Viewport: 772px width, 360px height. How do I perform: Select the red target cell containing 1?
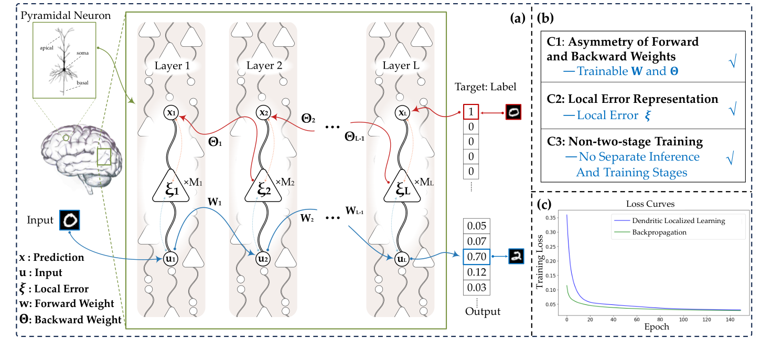[470, 112]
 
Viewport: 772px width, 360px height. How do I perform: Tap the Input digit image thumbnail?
[70, 220]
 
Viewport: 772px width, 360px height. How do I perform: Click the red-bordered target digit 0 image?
[513, 112]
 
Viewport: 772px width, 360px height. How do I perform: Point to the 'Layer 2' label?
[263, 66]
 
